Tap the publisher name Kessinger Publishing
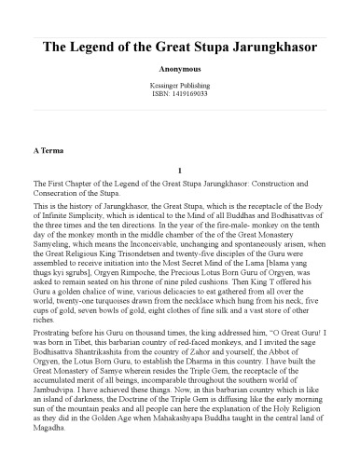(x=179, y=85)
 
